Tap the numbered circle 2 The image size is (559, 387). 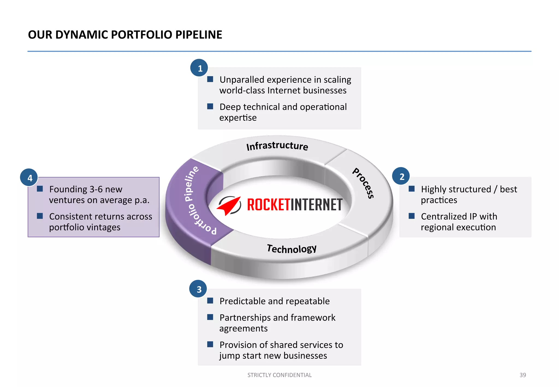(x=401, y=176)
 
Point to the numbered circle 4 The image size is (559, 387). (x=29, y=178)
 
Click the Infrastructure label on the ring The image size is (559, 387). (x=277, y=146)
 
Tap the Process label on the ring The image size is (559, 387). (x=363, y=183)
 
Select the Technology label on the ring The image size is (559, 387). (x=292, y=249)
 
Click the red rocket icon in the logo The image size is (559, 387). (x=229, y=206)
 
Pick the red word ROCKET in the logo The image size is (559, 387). (x=268, y=205)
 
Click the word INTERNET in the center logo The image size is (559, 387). (x=316, y=205)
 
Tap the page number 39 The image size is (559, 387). (x=522, y=375)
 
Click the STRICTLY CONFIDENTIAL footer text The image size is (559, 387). (x=279, y=375)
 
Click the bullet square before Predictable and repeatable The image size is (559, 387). (x=210, y=301)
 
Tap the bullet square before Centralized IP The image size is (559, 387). (x=411, y=216)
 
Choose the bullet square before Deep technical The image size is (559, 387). (x=210, y=106)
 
